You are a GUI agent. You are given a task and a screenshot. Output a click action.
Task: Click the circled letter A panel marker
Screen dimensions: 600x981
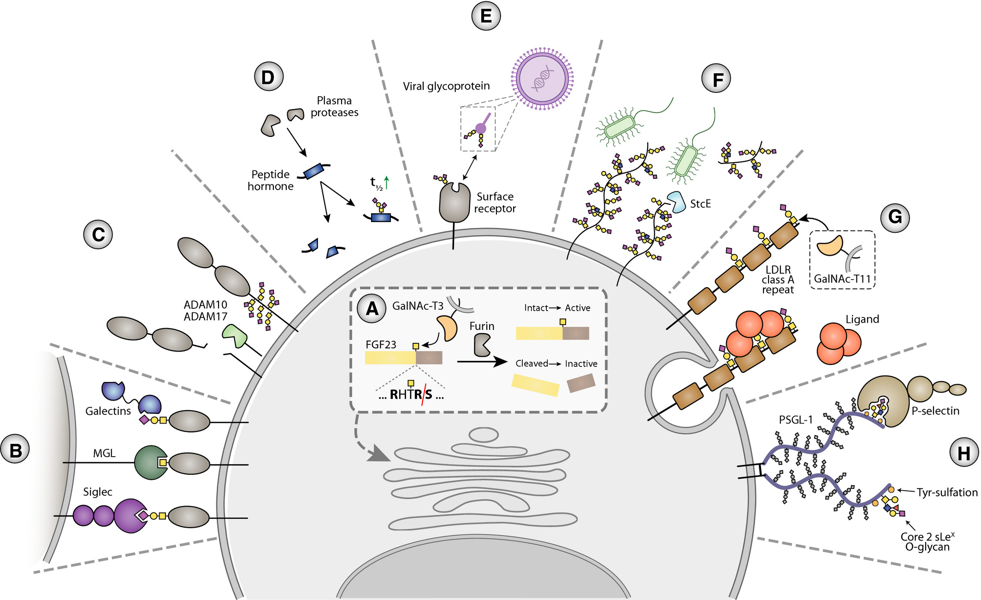(x=372, y=308)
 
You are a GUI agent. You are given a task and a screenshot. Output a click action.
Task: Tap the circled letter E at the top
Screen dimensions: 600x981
(x=486, y=16)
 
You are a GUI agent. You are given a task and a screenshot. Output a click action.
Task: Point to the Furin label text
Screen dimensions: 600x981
(x=482, y=326)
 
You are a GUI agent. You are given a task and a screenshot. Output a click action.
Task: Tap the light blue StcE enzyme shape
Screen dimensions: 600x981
(x=677, y=202)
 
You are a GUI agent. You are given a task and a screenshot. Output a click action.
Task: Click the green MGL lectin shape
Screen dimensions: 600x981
(x=149, y=463)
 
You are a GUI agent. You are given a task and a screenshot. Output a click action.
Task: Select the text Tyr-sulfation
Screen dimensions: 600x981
(x=947, y=492)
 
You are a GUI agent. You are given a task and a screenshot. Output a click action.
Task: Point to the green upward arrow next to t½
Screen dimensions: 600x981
(x=386, y=182)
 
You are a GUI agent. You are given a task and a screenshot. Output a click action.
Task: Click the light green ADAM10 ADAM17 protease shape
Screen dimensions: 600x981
(x=235, y=335)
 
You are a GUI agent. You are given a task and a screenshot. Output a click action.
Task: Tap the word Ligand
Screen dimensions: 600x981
(x=862, y=319)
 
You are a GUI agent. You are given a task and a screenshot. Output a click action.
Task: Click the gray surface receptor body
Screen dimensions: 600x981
(x=454, y=204)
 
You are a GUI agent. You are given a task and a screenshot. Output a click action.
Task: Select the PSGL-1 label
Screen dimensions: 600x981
(x=796, y=420)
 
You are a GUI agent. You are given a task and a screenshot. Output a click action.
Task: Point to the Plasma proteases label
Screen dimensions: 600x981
(x=334, y=106)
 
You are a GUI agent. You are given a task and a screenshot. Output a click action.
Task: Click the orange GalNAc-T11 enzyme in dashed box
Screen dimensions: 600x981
(x=830, y=247)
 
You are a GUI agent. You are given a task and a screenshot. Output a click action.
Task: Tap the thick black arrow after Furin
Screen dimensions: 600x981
(x=482, y=362)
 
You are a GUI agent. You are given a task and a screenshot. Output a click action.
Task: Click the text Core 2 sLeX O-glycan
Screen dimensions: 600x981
(x=927, y=542)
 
